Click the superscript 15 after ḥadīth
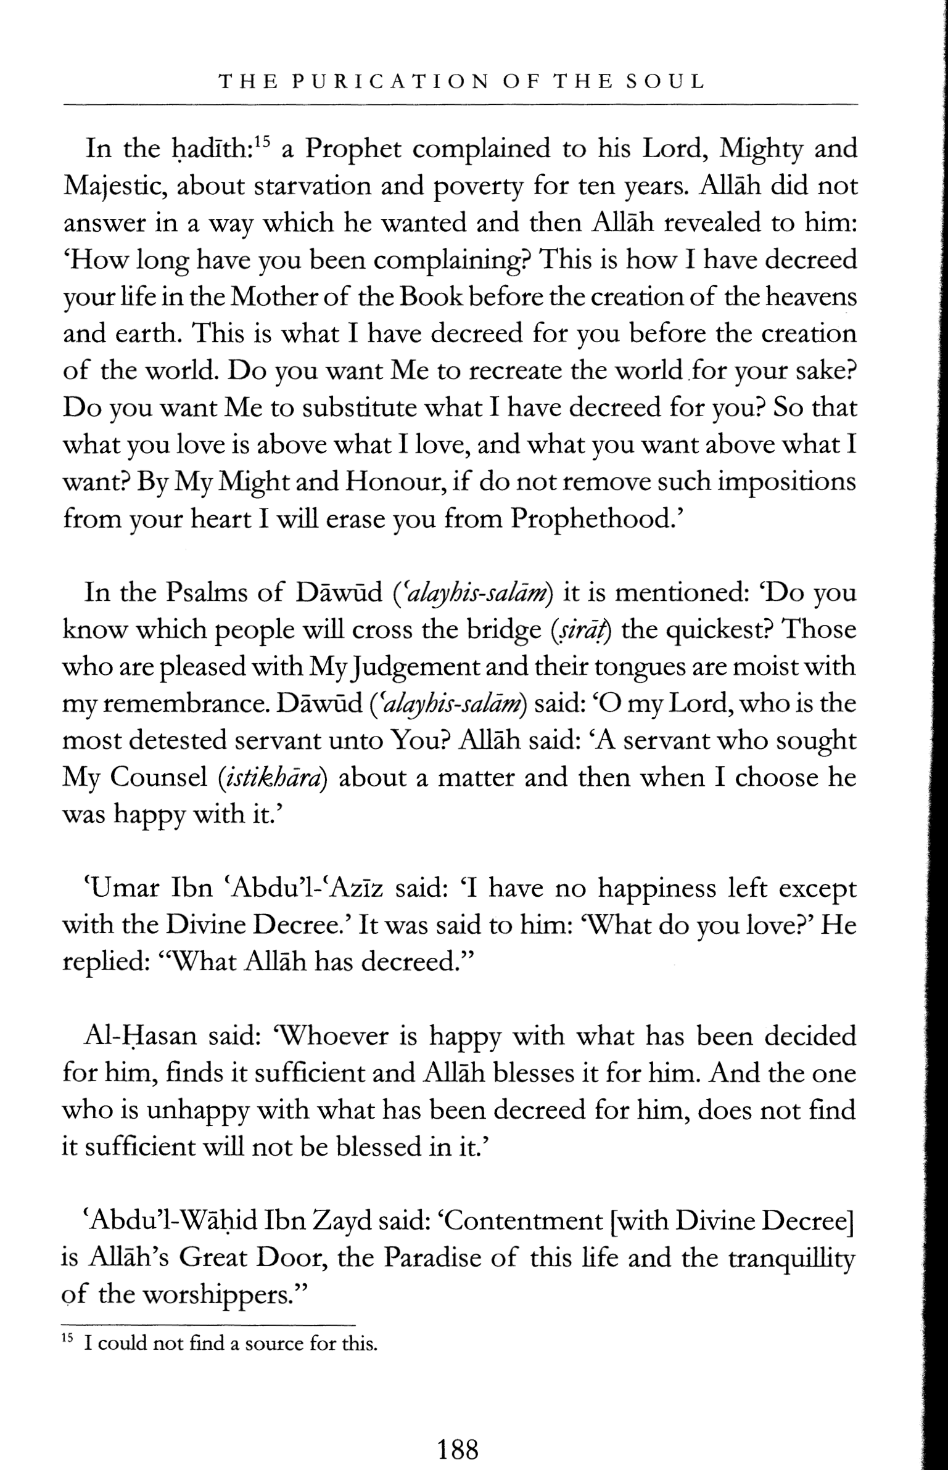(262, 142)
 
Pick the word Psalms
(207, 593)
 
